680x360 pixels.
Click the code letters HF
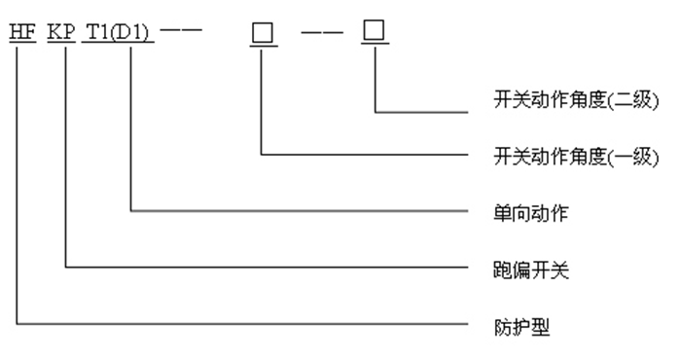pyautogui.click(x=20, y=32)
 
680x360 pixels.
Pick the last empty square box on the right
pyautogui.click(x=375, y=31)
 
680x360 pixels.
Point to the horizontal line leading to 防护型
pyautogui.click(x=243, y=321)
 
